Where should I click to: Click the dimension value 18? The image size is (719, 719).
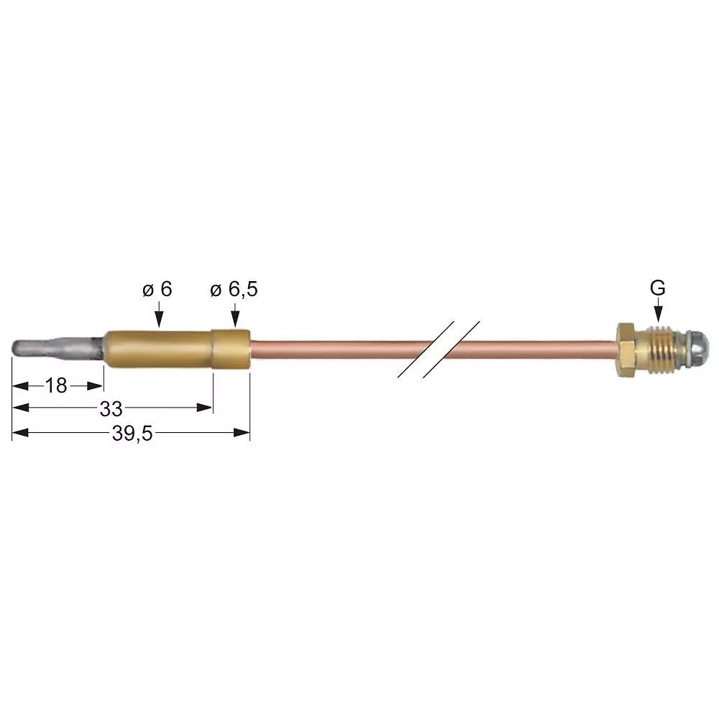point(55,386)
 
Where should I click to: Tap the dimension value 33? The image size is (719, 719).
point(111,409)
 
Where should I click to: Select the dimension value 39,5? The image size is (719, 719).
point(132,434)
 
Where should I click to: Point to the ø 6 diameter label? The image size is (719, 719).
point(157,290)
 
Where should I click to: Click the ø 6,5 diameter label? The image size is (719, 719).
point(234,290)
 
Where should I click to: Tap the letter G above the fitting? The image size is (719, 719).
point(657,288)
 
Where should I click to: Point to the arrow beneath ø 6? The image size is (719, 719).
point(158,314)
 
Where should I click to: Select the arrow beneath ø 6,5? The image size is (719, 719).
point(234,314)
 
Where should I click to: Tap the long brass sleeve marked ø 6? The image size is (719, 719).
point(158,348)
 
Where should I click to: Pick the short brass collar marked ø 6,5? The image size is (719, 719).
point(232,349)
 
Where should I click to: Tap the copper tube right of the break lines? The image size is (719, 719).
point(546,349)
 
